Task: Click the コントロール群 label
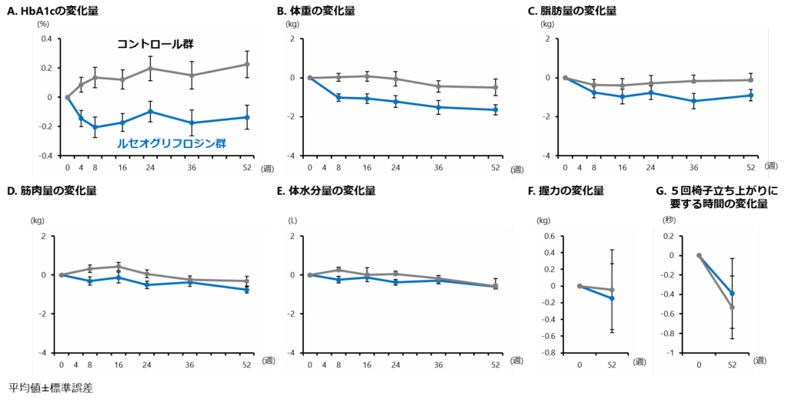[x=155, y=44]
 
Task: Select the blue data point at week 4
[x=81, y=118]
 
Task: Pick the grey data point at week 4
[x=81, y=85]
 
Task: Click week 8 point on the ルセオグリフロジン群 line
[x=95, y=127]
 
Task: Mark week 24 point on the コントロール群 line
[x=151, y=69]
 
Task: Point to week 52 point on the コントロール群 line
[x=247, y=64]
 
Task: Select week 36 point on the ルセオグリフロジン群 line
[x=192, y=123]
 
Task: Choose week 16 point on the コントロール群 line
[x=122, y=79]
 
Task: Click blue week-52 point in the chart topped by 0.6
[x=613, y=298]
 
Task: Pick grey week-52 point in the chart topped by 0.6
[x=613, y=290]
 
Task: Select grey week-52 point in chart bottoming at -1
[x=732, y=307]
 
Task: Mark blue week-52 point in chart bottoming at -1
[x=732, y=294]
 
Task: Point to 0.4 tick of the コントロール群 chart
[x=46, y=39]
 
